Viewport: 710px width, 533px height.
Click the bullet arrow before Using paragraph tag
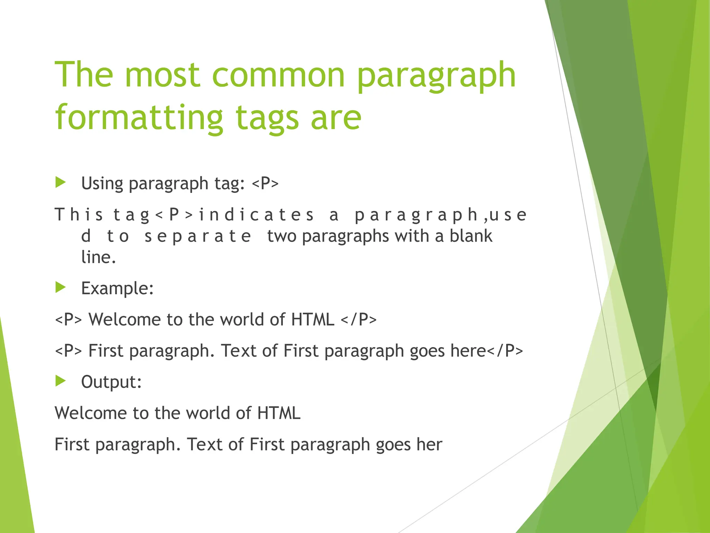(x=60, y=182)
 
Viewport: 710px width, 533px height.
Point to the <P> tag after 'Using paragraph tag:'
(x=265, y=183)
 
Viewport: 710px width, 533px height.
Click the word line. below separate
(x=98, y=257)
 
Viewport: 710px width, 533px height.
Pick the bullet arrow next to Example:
(x=60, y=287)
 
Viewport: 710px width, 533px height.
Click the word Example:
(x=117, y=288)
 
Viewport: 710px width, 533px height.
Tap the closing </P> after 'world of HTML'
(x=358, y=319)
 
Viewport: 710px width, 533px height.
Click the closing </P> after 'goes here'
(x=505, y=350)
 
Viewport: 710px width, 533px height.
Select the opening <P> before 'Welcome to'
(x=69, y=319)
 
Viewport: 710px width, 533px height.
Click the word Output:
(x=111, y=382)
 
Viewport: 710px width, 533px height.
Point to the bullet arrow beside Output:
(x=60, y=381)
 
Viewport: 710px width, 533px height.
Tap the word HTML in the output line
(x=279, y=413)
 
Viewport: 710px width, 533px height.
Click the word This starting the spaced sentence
(x=79, y=214)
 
